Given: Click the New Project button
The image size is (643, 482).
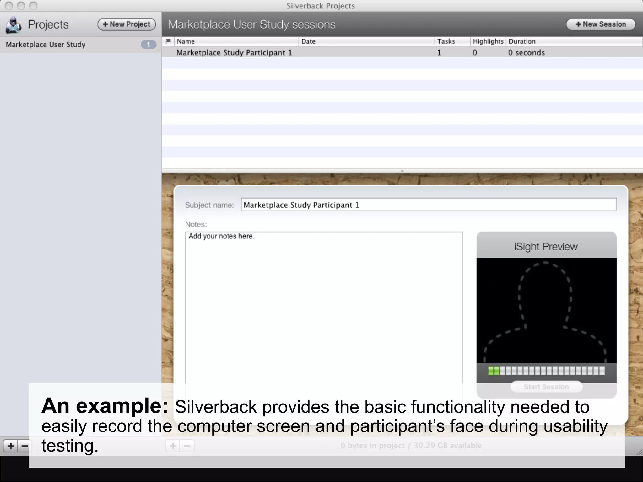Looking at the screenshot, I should [x=127, y=24].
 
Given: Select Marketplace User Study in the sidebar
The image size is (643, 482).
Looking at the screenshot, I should [x=46, y=45].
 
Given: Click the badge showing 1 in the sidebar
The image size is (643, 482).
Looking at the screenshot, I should [x=148, y=45].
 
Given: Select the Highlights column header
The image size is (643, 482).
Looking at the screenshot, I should [x=488, y=41].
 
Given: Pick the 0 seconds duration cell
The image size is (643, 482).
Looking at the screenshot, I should [x=526, y=53].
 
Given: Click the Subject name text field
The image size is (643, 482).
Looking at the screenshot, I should [x=428, y=205].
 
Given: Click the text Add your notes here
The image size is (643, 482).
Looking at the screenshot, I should [x=221, y=236].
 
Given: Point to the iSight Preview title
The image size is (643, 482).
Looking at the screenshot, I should [x=546, y=247].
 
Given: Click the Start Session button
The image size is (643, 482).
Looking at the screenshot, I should [x=546, y=387].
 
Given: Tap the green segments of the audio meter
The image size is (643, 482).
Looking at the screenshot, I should [x=494, y=371].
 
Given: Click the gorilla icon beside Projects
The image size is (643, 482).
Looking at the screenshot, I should [x=14, y=25].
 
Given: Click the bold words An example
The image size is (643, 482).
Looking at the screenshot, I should [x=105, y=406].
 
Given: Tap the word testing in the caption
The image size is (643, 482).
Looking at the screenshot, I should [x=70, y=446].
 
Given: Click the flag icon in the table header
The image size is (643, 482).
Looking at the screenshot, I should [x=168, y=41].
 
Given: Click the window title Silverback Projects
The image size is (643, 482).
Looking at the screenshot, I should [x=321, y=6].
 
